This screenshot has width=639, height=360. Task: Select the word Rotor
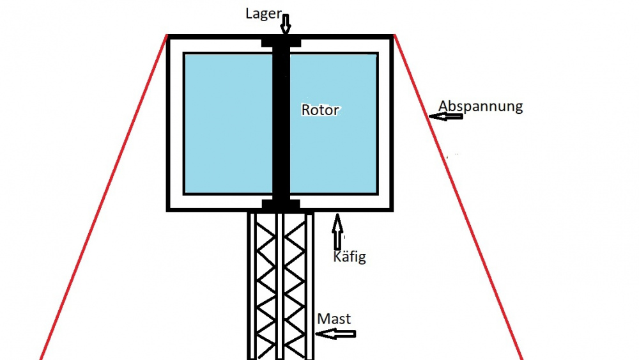(320, 109)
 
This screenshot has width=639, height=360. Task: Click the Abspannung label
(481, 106)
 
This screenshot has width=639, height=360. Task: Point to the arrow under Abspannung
(445, 116)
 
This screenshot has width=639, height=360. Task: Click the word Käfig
(350, 258)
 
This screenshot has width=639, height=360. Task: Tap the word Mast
(334, 318)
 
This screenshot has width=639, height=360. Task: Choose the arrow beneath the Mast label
(335, 333)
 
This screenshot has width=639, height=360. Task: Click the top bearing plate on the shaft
(281, 43)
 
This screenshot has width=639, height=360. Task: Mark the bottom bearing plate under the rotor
(281, 204)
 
